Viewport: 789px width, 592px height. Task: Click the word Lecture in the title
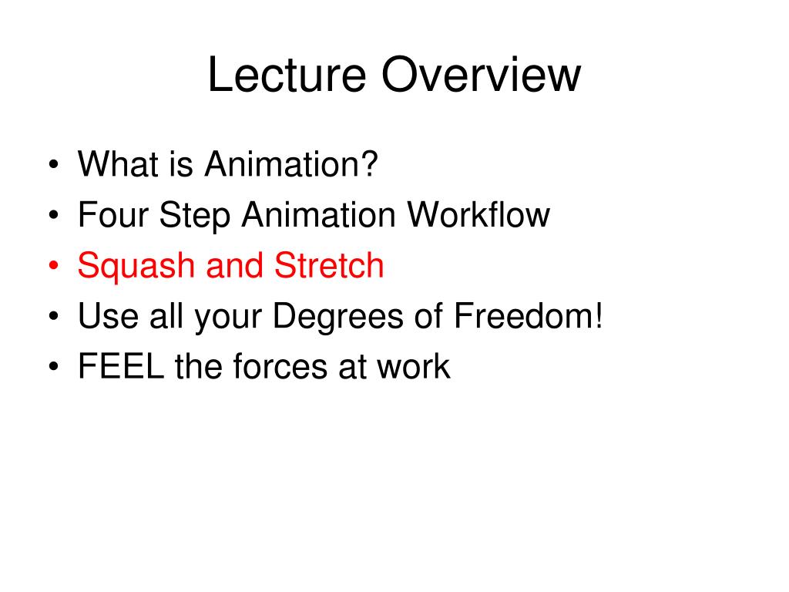(287, 75)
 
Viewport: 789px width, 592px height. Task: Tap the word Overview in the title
(481, 75)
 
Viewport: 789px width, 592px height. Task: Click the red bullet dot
(54, 266)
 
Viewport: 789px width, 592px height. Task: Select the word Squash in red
(136, 266)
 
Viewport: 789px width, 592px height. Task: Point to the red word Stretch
(329, 265)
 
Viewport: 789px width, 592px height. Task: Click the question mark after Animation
(369, 163)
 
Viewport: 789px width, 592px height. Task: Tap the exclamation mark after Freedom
(598, 315)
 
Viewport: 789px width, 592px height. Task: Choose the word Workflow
(478, 214)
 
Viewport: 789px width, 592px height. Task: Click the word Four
(113, 214)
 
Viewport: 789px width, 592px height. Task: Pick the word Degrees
(337, 316)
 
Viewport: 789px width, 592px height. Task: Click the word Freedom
(522, 315)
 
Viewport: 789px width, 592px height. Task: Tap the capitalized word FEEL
(121, 366)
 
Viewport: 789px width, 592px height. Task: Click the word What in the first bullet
(118, 163)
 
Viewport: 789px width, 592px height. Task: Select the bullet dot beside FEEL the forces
(54, 366)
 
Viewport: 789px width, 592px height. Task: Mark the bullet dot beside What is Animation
(54, 164)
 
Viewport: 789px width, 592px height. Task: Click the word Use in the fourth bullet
(108, 315)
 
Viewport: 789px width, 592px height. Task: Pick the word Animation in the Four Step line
(318, 214)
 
